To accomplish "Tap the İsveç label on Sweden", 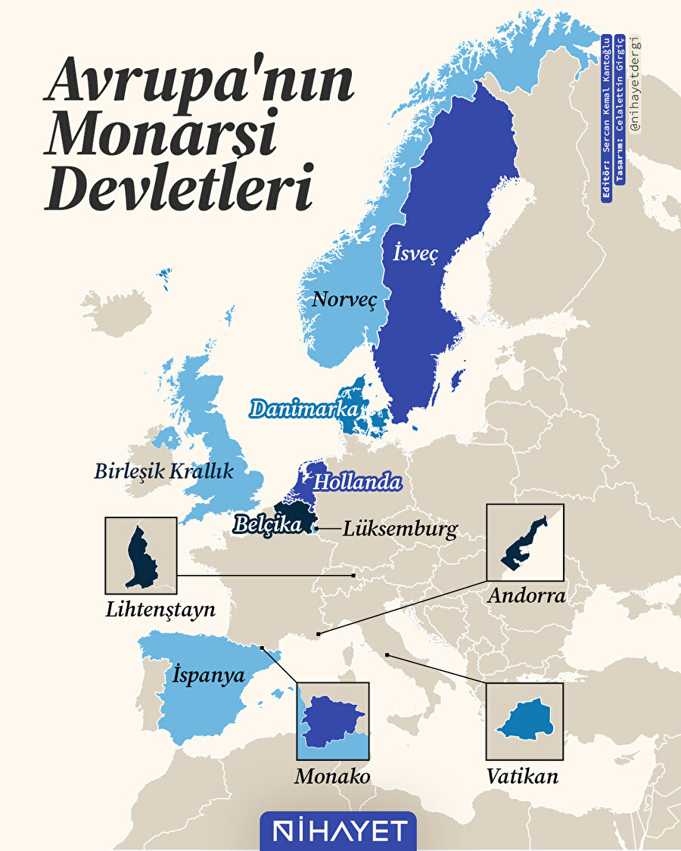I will tap(415, 253).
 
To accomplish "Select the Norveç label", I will tap(344, 300).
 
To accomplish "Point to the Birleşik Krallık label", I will tap(163, 471).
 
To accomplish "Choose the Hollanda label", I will tap(356, 481).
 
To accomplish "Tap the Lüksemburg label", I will tap(400, 529).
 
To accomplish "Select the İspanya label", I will tap(209, 674).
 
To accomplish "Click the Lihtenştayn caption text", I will tap(160, 609).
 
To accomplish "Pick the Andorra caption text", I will tap(526, 595).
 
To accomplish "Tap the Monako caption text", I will tap(333, 776).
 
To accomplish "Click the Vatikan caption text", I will tap(524, 776).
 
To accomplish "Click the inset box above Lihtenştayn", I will tap(141, 555).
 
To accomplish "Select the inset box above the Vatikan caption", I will tap(524, 721).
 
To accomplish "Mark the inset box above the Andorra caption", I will tap(525, 542).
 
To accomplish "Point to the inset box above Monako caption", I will tap(333, 721).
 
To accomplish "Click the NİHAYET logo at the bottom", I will tap(338, 831).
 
